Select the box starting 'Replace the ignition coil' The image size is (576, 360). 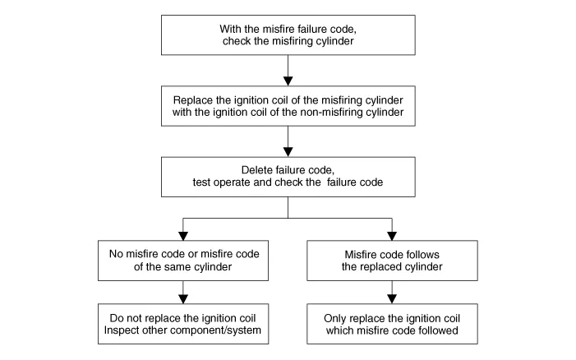pos(287,106)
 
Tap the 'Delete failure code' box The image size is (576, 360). pos(287,176)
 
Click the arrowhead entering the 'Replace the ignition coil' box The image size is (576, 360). pos(288,79)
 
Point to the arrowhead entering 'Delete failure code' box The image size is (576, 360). pos(288,150)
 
